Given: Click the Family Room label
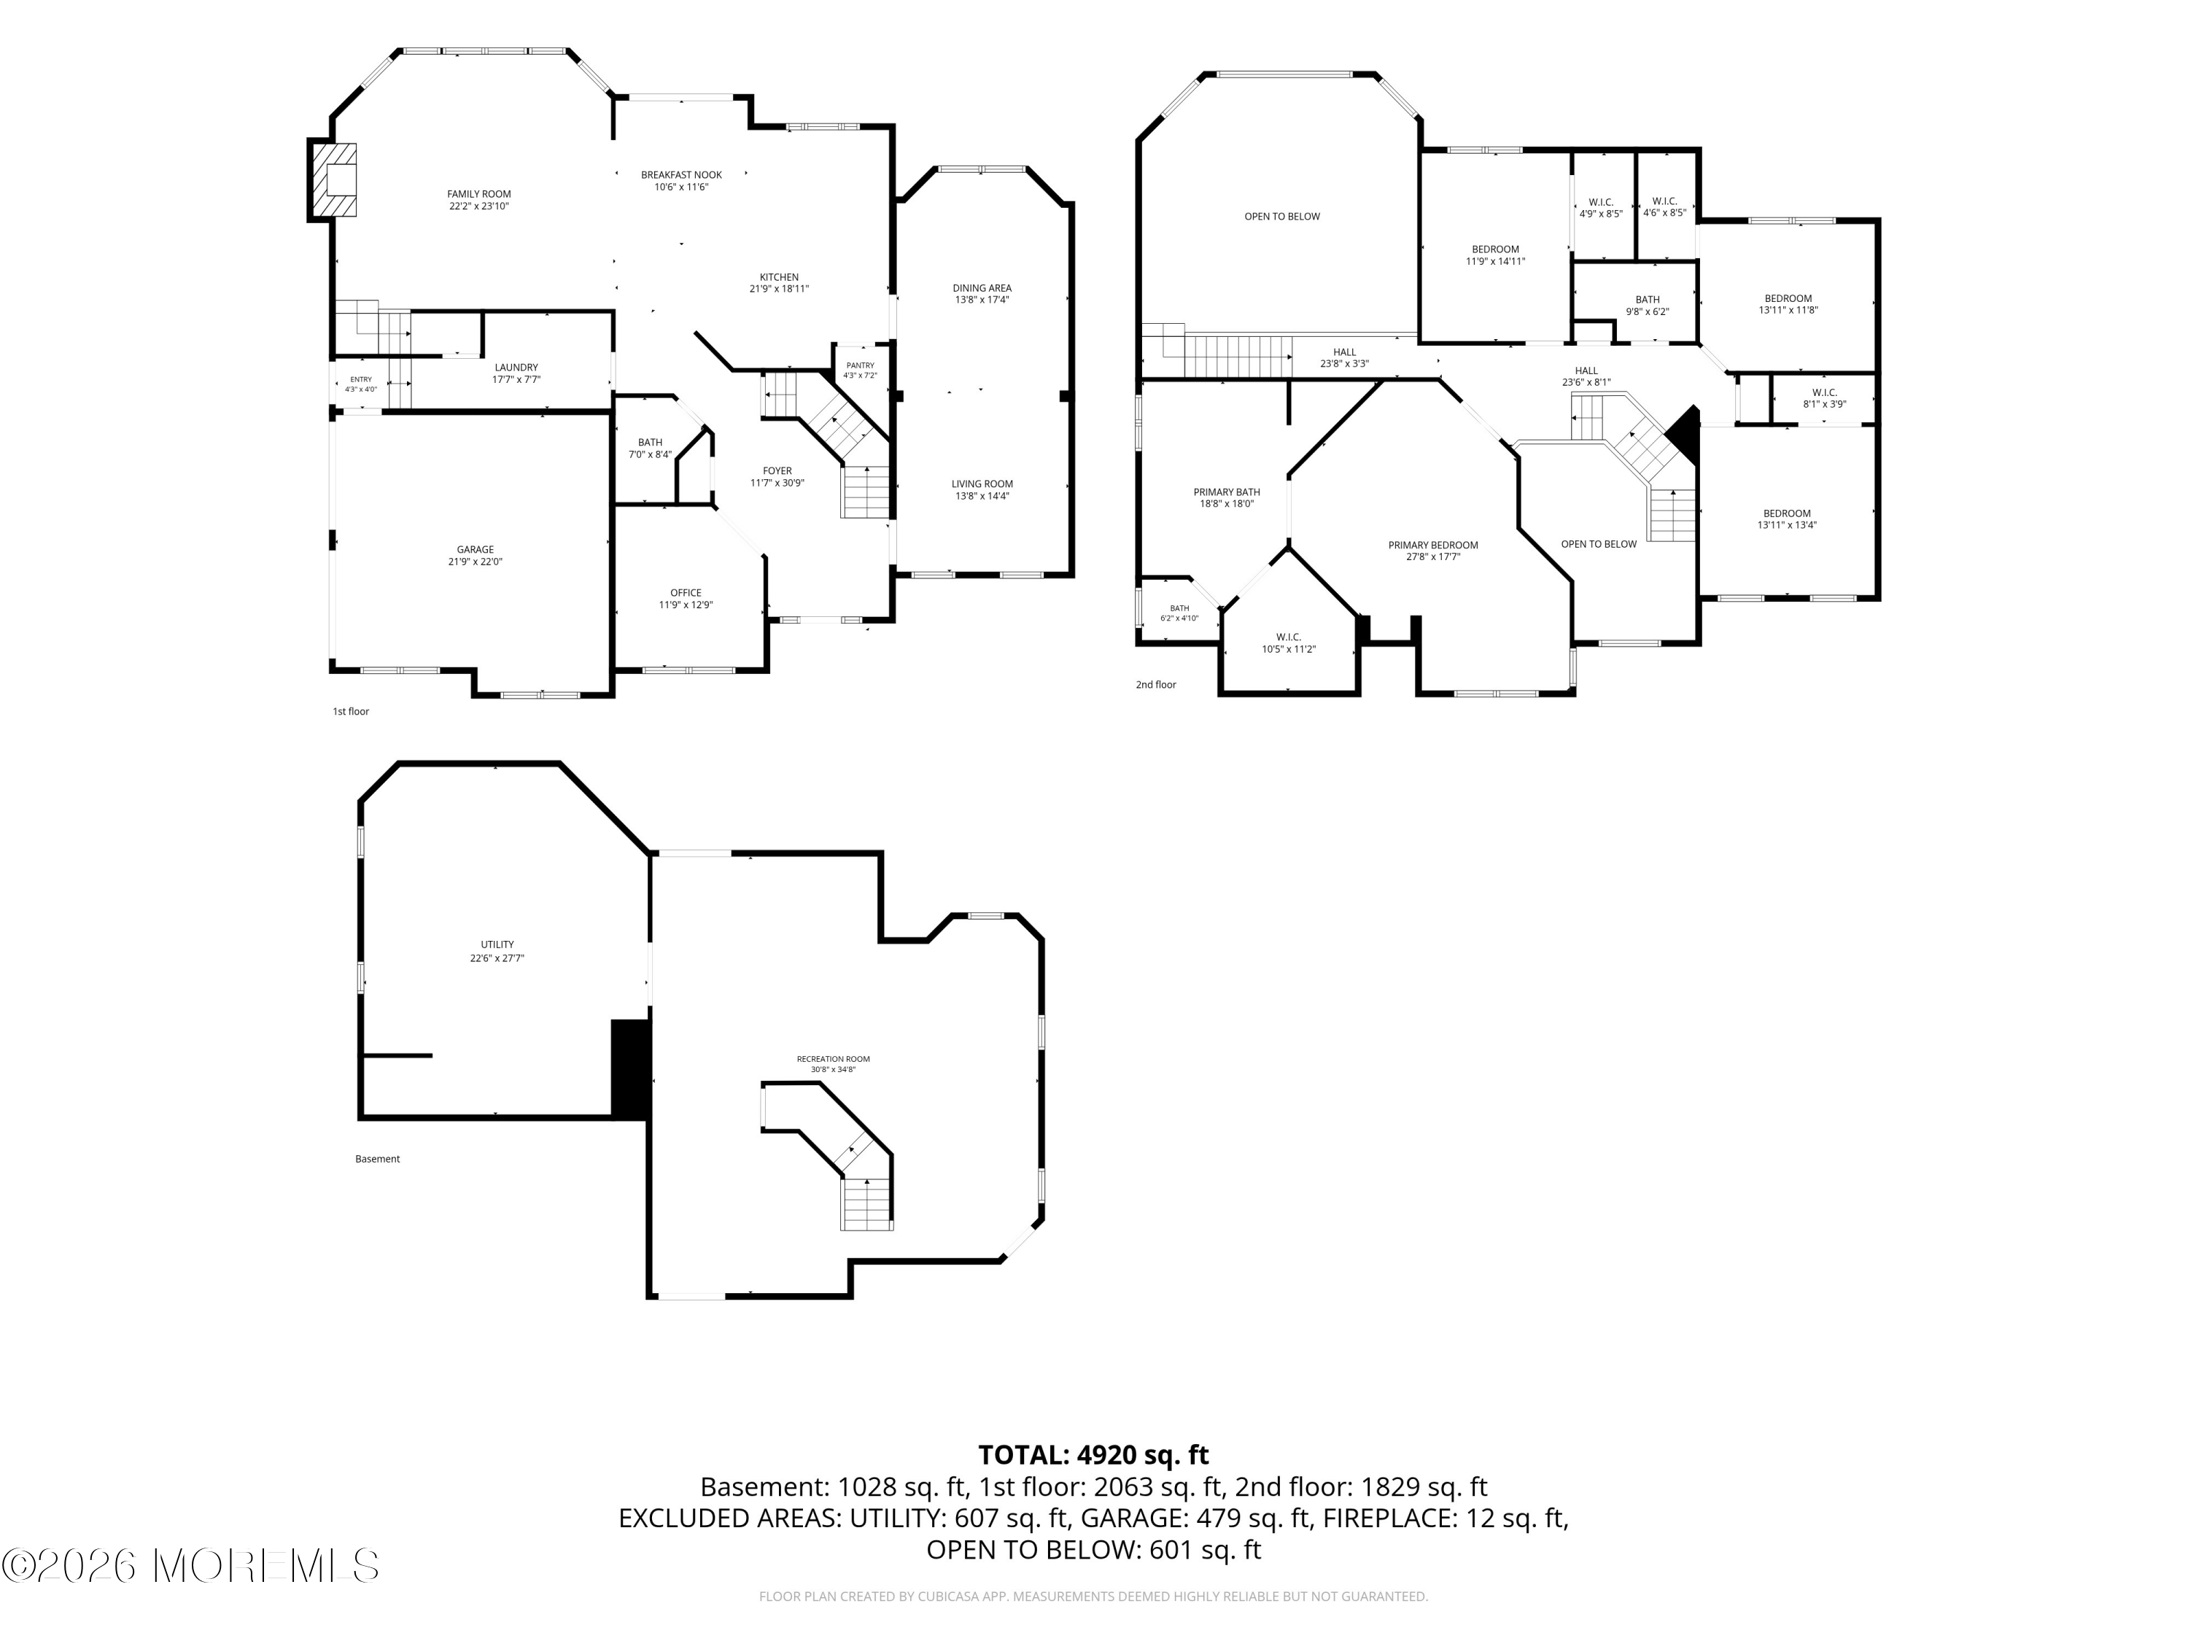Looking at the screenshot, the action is [x=478, y=194].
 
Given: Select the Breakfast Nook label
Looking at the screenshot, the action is [x=681, y=175].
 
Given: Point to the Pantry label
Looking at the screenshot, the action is [x=860, y=365].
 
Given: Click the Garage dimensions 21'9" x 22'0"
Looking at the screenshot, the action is [x=475, y=562].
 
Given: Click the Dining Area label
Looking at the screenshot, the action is [x=982, y=288].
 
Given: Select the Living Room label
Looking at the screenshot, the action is [x=982, y=484].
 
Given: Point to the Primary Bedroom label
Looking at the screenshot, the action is [x=1433, y=545].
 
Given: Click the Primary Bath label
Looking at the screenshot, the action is [x=1227, y=492].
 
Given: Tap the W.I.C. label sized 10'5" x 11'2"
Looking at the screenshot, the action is [x=1289, y=637].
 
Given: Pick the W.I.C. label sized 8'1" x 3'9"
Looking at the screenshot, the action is [x=1825, y=392].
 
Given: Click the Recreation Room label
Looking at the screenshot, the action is [x=833, y=1060].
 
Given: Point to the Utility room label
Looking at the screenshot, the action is [x=497, y=944].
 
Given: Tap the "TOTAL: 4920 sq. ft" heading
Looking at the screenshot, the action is [x=1093, y=1455].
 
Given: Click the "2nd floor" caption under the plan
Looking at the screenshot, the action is [x=1155, y=685].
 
